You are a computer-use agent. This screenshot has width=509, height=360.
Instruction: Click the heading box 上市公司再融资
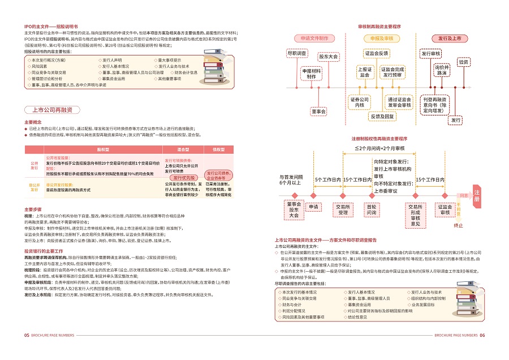[53, 109]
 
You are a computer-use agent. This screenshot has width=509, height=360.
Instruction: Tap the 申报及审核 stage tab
[381, 38]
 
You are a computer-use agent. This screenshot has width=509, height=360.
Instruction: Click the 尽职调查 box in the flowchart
[297, 53]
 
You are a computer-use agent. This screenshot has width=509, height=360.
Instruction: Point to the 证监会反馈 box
[377, 53]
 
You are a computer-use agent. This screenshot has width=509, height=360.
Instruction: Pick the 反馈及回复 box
[383, 116]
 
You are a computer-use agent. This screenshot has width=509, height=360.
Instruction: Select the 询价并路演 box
[442, 70]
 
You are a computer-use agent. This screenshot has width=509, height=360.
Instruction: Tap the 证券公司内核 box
[360, 102]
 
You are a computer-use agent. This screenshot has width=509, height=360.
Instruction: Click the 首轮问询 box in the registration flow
[371, 210]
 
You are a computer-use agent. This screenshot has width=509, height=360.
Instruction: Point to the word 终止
[459, 225]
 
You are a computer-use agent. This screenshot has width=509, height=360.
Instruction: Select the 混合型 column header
[182, 149]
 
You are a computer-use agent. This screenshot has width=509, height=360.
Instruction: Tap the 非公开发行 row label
[34, 188]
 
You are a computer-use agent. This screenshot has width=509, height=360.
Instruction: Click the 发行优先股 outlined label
[182, 178]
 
